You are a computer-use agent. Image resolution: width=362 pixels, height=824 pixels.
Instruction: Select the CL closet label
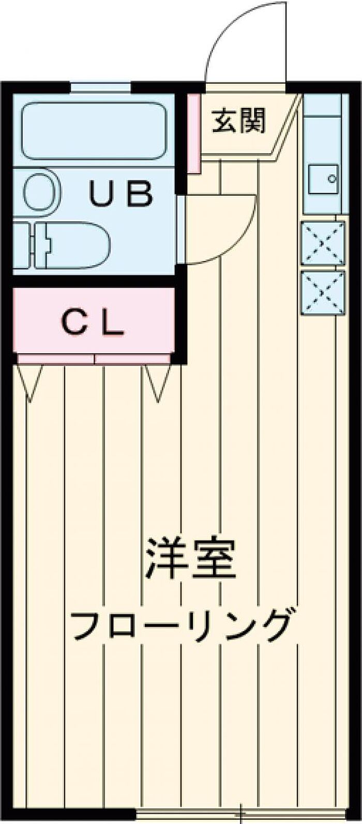pyautogui.click(x=94, y=324)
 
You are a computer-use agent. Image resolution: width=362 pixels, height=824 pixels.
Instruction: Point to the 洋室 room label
pyautogui.click(x=190, y=559)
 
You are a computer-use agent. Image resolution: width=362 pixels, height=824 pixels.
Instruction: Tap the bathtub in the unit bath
pyautogui.click(x=94, y=130)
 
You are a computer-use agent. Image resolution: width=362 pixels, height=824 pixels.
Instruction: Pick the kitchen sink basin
pyautogui.click(x=323, y=179)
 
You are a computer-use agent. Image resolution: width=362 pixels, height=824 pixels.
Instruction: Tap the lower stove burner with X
pyautogui.click(x=323, y=293)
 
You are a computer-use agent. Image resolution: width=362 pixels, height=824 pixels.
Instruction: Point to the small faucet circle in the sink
pyautogui.click(x=331, y=179)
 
